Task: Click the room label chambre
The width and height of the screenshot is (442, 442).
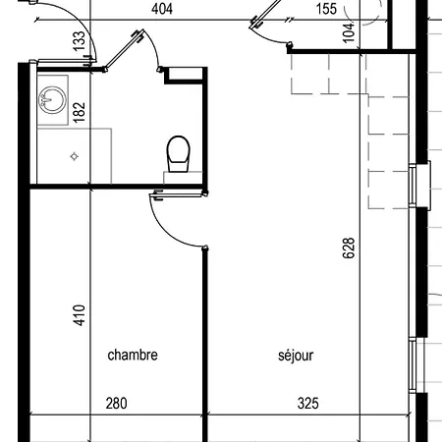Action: (x=133, y=355)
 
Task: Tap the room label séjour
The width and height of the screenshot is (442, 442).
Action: (x=296, y=356)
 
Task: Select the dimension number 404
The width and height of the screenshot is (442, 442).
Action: (x=162, y=9)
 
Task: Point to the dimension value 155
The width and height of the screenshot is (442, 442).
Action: (x=326, y=9)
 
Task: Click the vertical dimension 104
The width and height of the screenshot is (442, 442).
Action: (x=349, y=32)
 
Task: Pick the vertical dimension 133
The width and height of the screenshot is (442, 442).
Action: (x=79, y=41)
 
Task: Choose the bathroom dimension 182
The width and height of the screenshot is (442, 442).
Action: (x=79, y=112)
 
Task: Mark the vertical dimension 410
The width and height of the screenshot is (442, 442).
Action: (x=79, y=315)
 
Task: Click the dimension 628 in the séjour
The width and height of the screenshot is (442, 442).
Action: (x=349, y=249)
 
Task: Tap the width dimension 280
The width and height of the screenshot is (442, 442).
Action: (x=116, y=404)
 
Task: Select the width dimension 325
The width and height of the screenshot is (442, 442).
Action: (x=307, y=404)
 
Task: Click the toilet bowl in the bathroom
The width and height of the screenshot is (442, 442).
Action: (x=179, y=153)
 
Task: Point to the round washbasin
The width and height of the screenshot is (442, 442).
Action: (x=52, y=100)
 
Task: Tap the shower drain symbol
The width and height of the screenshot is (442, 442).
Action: (x=75, y=156)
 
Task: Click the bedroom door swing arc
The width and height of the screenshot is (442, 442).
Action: (x=172, y=230)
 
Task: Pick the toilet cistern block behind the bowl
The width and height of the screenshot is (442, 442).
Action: (x=183, y=178)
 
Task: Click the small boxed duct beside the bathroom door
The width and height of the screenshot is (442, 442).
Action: (x=186, y=76)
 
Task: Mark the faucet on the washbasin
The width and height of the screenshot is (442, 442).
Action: (x=49, y=97)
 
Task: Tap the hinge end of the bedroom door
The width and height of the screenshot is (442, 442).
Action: (x=205, y=193)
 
